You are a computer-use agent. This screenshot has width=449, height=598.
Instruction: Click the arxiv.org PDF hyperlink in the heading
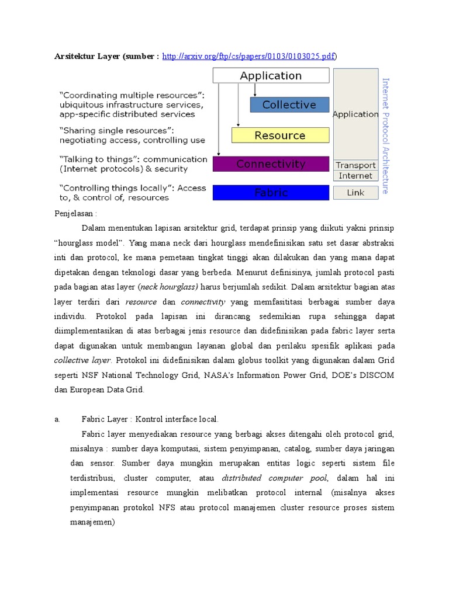tap(249, 56)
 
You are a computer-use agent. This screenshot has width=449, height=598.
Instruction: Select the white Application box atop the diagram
tap(271, 75)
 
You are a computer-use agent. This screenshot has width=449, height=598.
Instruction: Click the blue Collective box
tap(289, 105)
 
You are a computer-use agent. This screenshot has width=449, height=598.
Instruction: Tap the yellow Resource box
tap(280, 135)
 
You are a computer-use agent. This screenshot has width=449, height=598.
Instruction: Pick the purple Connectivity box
tap(271, 164)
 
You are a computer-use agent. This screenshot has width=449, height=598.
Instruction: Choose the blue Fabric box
tap(271, 192)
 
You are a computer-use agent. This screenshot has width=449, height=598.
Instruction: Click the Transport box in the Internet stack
tap(355, 165)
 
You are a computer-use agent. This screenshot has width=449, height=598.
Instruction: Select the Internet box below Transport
tap(355, 176)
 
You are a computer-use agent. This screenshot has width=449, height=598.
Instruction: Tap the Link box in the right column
tap(355, 193)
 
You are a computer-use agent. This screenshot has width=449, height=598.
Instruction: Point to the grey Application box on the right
tap(355, 114)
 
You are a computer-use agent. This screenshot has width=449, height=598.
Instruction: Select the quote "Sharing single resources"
tap(116, 130)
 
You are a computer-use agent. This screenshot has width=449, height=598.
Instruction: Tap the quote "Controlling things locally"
tap(116, 188)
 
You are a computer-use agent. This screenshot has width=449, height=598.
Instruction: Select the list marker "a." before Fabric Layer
tap(57, 419)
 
